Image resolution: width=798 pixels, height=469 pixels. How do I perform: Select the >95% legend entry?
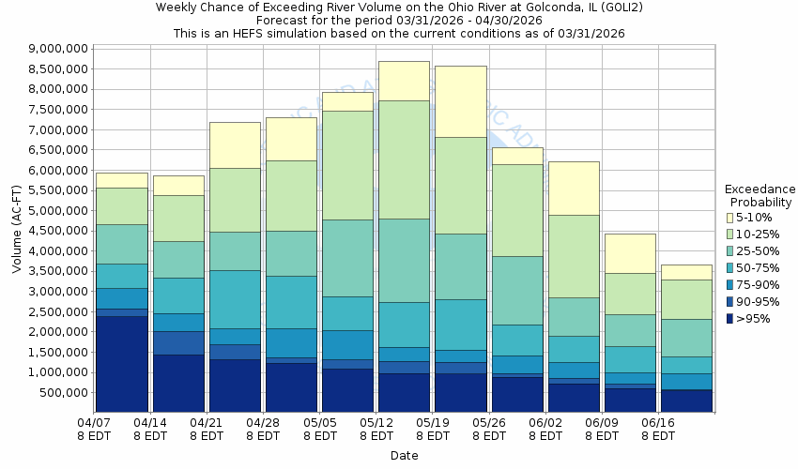[750, 319]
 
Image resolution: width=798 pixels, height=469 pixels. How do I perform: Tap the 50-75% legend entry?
[756, 268]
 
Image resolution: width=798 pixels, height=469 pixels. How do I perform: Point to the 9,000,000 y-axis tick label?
[58, 49]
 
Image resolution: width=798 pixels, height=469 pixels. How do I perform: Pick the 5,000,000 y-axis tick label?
[58, 210]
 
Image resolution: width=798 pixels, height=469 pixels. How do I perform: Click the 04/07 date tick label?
[95, 423]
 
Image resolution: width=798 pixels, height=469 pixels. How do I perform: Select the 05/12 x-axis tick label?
[376, 423]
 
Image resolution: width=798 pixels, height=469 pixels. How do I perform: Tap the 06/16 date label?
[658, 423]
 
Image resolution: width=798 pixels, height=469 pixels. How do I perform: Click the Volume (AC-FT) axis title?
[17, 231]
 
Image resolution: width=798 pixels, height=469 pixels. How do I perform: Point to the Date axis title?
[405, 456]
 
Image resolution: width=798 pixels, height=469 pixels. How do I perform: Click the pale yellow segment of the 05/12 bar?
[405, 81]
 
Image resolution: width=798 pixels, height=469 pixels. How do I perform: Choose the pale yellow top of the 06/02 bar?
[573, 188]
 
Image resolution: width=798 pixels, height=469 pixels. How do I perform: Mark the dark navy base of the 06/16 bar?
[685, 401]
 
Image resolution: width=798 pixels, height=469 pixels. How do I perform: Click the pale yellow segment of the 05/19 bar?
[460, 101]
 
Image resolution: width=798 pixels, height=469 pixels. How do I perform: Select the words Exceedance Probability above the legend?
[760, 195]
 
